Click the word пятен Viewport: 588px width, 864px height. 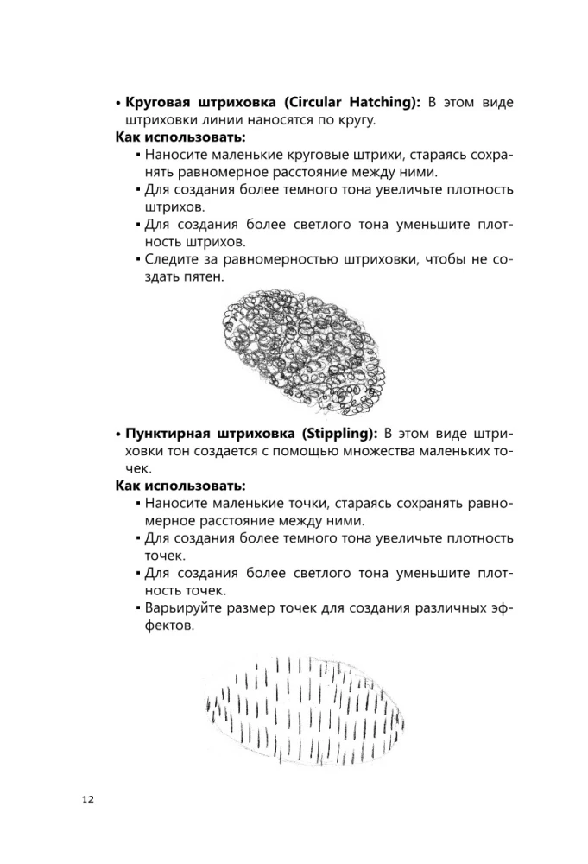pos(203,277)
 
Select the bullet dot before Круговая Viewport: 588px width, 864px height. pos(118,103)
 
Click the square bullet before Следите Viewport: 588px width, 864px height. pos(138,259)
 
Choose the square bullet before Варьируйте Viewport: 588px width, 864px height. pos(138,609)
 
